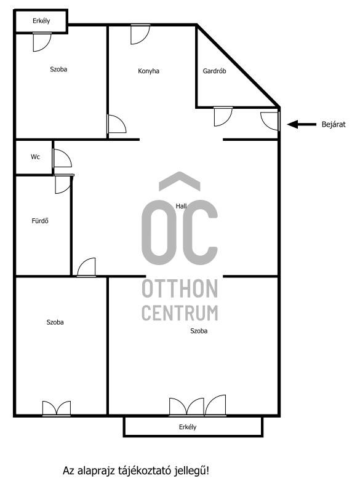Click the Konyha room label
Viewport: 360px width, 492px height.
[148, 71]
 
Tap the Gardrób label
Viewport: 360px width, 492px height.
[214, 71]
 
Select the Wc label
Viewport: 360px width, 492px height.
[35, 157]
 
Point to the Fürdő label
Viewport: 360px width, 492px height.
[40, 221]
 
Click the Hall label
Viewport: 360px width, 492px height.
[181, 206]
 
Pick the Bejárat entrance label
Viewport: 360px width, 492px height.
[334, 125]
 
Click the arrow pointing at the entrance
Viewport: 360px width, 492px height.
[302, 125]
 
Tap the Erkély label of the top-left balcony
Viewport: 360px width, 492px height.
[41, 21]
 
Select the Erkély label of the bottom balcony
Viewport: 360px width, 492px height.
[188, 427]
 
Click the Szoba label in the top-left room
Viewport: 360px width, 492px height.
[58, 69]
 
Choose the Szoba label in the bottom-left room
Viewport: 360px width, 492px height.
[55, 322]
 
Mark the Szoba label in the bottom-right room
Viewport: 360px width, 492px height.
[199, 331]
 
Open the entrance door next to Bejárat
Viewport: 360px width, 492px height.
[271, 121]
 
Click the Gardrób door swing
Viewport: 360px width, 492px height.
[223, 116]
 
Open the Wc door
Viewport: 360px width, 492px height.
[62, 158]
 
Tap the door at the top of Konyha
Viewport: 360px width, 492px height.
[140, 34]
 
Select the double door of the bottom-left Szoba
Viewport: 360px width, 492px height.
[57, 408]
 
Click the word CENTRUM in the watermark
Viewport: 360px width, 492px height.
[180, 313]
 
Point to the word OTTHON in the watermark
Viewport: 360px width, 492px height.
[180, 288]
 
